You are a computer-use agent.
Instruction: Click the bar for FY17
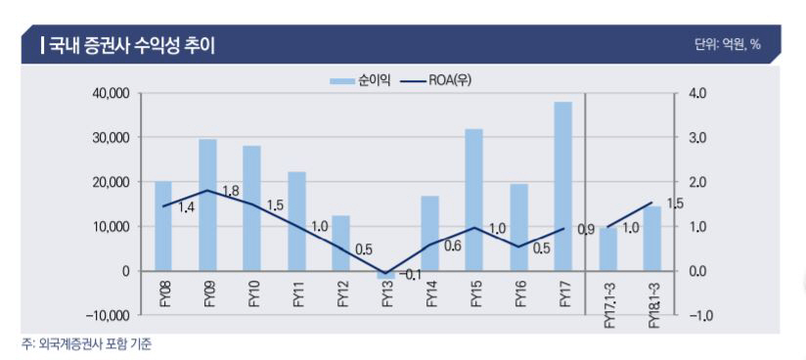coord(563,186)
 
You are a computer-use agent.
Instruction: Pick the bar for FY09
coord(207,204)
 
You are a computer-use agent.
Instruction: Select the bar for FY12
coord(340,243)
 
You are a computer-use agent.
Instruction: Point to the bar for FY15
coord(474,200)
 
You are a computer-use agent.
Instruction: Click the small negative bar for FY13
coord(385,275)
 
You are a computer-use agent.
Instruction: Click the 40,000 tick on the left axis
coord(112,94)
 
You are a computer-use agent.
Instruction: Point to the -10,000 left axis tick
coord(109,315)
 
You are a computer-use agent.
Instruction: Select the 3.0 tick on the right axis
coord(697,138)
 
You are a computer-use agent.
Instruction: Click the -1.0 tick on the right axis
coord(696,315)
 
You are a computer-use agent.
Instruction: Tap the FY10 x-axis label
coord(252,293)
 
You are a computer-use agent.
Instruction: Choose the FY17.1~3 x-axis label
coord(608,303)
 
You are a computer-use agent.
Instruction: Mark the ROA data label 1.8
coord(231,191)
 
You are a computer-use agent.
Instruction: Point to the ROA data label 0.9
coord(586,230)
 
